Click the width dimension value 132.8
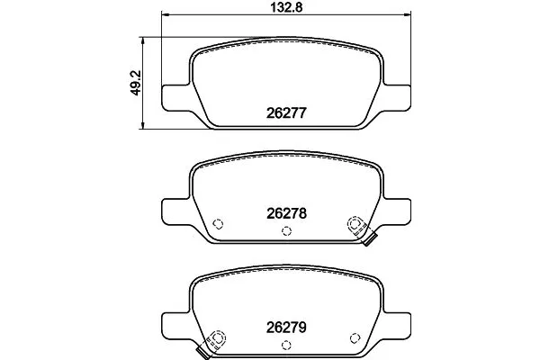pyautogui.click(x=284, y=9)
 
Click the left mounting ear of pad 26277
pyautogui.click(x=174, y=98)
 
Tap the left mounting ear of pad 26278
pyautogui.click(x=174, y=211)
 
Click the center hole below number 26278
pyautogui.click(x=285, y=232)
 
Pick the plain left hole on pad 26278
pyautogui.click(x=217, y=225)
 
